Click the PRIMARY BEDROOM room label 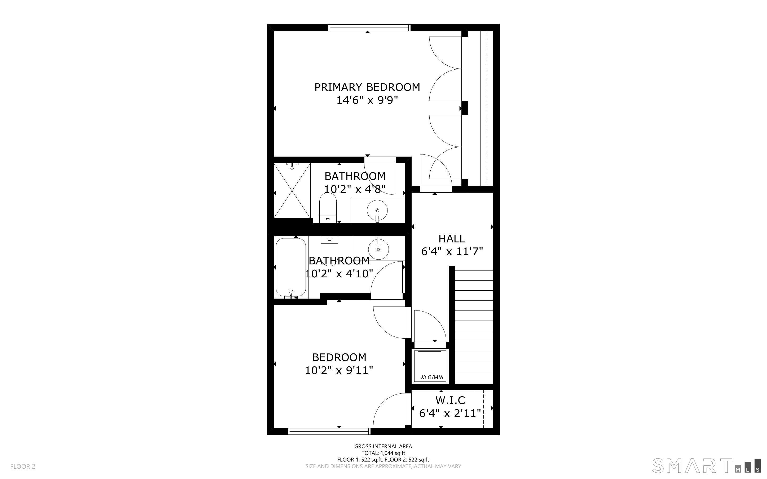tap(367, 87)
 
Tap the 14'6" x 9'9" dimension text tap(367, 100)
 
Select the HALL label tap(452, 238)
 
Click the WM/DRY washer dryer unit tap(430, 366)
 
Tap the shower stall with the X tap(292, 191)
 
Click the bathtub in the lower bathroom tap(291, 268)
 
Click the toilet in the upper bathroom tap(328, 207)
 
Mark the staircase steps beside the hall tap(474, 326)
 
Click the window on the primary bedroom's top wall tap(369, 28)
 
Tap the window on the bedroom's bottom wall tap(329, 431)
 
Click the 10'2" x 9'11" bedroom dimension tap(339, 370)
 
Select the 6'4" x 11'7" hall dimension tap(452, 251)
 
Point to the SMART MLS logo tap(706, 465)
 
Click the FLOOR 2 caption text tap(23, 466)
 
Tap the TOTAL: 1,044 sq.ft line tap(383, 453)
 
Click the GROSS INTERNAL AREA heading tap(383, 446)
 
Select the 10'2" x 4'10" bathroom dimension tap(339, 274)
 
